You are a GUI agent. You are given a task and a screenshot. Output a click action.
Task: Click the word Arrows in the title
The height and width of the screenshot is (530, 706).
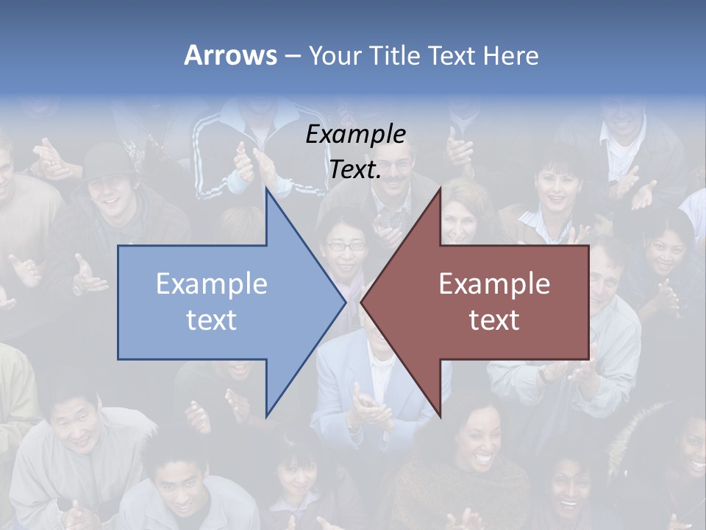[x=230, y=55]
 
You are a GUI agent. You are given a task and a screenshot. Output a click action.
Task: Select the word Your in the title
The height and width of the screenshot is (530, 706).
[x=334, y=55]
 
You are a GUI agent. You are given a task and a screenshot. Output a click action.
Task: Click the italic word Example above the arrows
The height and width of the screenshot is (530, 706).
[x=355, y=135]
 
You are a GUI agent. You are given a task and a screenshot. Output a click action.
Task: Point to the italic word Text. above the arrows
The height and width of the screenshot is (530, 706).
[x=355, y=170]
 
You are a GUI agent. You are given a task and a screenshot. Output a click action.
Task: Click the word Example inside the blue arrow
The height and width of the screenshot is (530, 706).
[x=212, y=283]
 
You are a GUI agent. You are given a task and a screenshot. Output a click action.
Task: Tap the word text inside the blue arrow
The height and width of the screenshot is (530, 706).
[x=212, y=319]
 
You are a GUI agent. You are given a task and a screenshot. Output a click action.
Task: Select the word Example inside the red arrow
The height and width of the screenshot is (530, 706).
[x=494, y=283]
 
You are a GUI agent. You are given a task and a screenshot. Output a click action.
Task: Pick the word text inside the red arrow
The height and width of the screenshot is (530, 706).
[x=494, y=319]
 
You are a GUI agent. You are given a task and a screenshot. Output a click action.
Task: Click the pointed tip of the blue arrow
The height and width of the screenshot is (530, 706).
[x=345, y=302]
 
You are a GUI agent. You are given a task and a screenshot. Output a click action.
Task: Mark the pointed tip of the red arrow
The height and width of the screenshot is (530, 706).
[x=361, y=302]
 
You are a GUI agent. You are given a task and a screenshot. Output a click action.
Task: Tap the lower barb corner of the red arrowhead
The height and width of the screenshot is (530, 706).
[x=440, y=416]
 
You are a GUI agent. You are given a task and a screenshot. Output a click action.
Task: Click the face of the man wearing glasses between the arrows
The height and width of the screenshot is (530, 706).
[x=346, y=247]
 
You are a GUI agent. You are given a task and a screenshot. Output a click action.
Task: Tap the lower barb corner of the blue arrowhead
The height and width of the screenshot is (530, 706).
[x=266, y=416]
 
